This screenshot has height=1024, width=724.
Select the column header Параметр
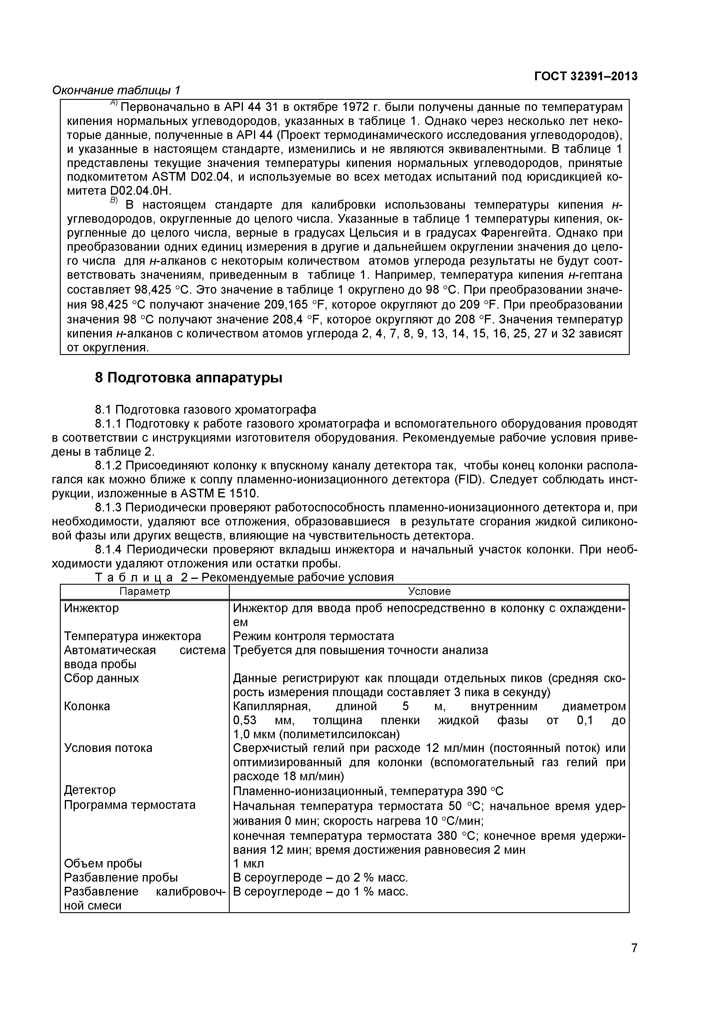click(x=145, y=591)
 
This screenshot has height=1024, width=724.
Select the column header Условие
click(x=429, y=591)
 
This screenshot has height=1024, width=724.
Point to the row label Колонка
click(x=87, y=706)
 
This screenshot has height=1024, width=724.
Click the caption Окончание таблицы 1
click(x=116, y=90)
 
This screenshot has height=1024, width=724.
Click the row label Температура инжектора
click(x=133, y=636)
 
